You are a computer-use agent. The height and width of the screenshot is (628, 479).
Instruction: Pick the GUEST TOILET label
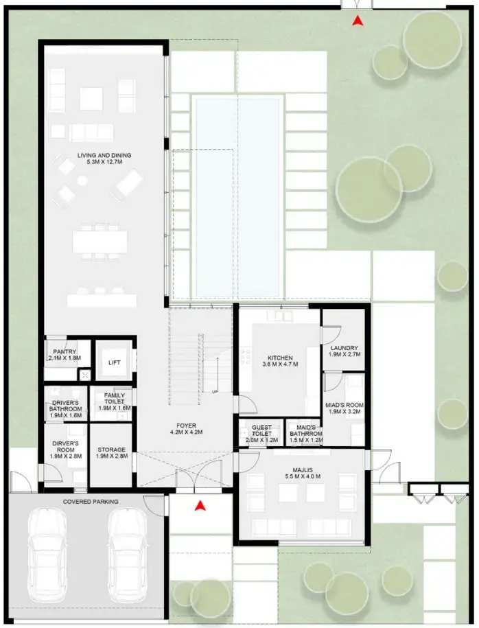[261, 431]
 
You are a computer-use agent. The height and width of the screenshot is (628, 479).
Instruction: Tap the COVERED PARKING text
[91, 502]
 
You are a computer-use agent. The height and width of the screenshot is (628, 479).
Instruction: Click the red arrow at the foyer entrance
[200, 507]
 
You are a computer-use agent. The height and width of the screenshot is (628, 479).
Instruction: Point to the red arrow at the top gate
[356, 21]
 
